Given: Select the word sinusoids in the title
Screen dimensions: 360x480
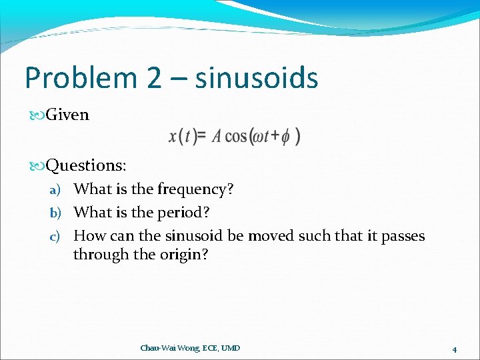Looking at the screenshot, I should point(257,79).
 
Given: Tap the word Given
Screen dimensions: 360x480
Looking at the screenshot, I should point(67,115).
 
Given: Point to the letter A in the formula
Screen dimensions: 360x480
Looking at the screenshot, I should point(217,136).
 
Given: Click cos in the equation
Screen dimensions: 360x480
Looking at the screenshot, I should point(236,136).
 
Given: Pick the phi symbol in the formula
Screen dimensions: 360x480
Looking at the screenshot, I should point(285,137).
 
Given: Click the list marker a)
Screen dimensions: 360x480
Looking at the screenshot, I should point(55,189).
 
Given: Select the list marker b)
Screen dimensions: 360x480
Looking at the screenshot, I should point(55,213).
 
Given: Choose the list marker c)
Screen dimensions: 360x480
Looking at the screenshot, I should point(55,236).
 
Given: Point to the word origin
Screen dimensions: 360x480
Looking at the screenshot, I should point(182,255).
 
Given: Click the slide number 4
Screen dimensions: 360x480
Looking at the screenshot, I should point(454,349).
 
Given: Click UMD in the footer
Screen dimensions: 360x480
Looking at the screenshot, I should point(230,348).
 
